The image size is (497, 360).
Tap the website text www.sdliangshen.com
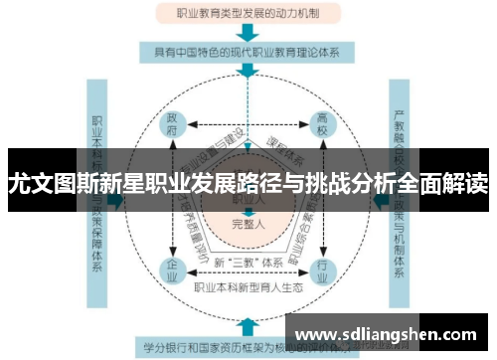coord(391,332)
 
